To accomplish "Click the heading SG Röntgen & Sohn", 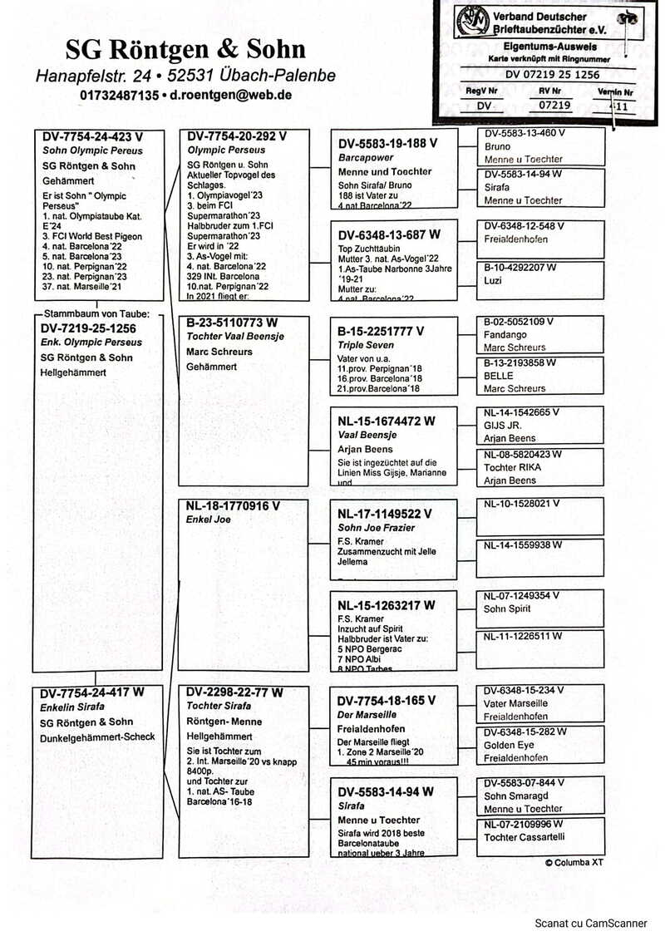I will (185, 49).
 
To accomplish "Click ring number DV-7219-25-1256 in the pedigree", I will (88, 328).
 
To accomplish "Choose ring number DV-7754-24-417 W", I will (92, 692).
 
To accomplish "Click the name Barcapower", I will (366, 157).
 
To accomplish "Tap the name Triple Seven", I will (366, 344).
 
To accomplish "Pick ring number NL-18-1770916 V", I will (234, 505).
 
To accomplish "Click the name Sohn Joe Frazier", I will (376, 528).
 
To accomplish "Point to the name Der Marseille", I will (367, 714).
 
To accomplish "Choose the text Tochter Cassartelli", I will (525, 837).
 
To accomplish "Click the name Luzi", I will (493, 282).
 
